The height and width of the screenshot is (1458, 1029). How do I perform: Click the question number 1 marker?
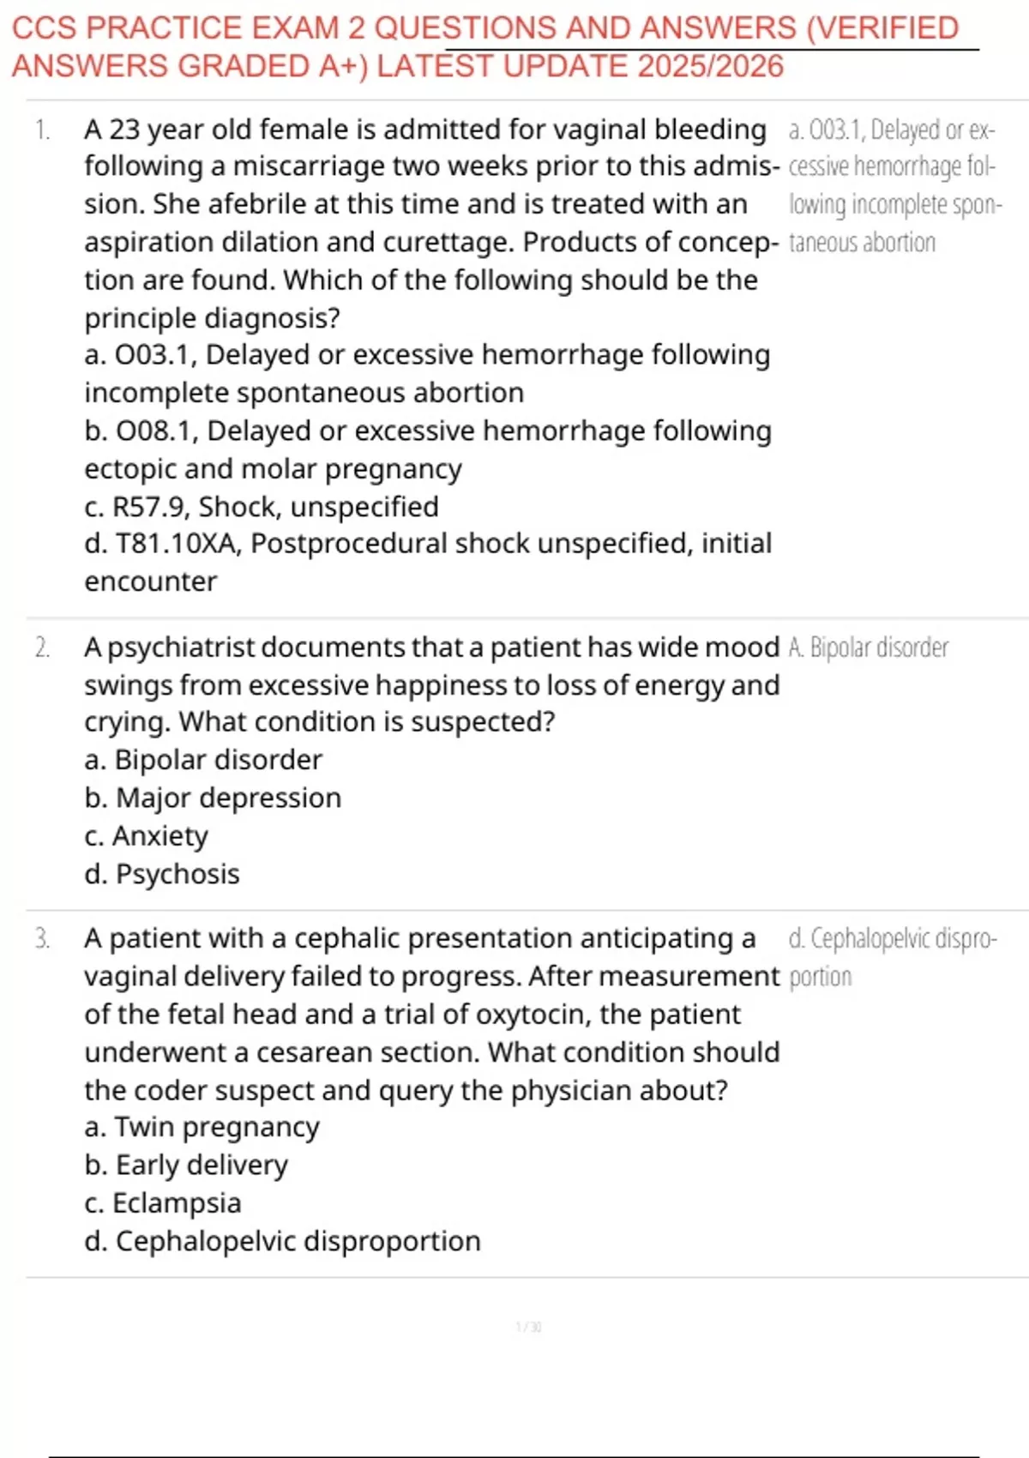pyautogui.click(x=42, y=130)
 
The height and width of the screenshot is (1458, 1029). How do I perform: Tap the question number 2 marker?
pyautogui.click(x=42, y=648)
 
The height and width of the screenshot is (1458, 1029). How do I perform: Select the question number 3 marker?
pyautogui.click(x=42, y=939)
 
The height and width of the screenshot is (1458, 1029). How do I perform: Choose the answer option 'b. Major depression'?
pyautogui.click(x=213, y=798)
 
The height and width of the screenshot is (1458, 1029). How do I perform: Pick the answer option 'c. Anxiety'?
pyautogui.click(x=147, y=836)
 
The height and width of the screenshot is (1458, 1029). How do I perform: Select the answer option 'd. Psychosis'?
pyautogui.click(x=162, y=874)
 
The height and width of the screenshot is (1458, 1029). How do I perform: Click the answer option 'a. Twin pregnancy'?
pyautogui.click(x=202, y=1127)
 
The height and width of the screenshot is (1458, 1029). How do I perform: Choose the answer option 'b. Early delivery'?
pyautogui.click(x=186, y=1165)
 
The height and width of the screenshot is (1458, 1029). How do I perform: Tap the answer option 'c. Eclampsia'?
pyautogui.click(x=163, y=1203)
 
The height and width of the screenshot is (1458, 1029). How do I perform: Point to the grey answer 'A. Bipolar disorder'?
pyautogui.click(x=868, y=648)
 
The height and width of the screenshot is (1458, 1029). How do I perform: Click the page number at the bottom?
pyautogui.click(x=528, y=1327)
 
